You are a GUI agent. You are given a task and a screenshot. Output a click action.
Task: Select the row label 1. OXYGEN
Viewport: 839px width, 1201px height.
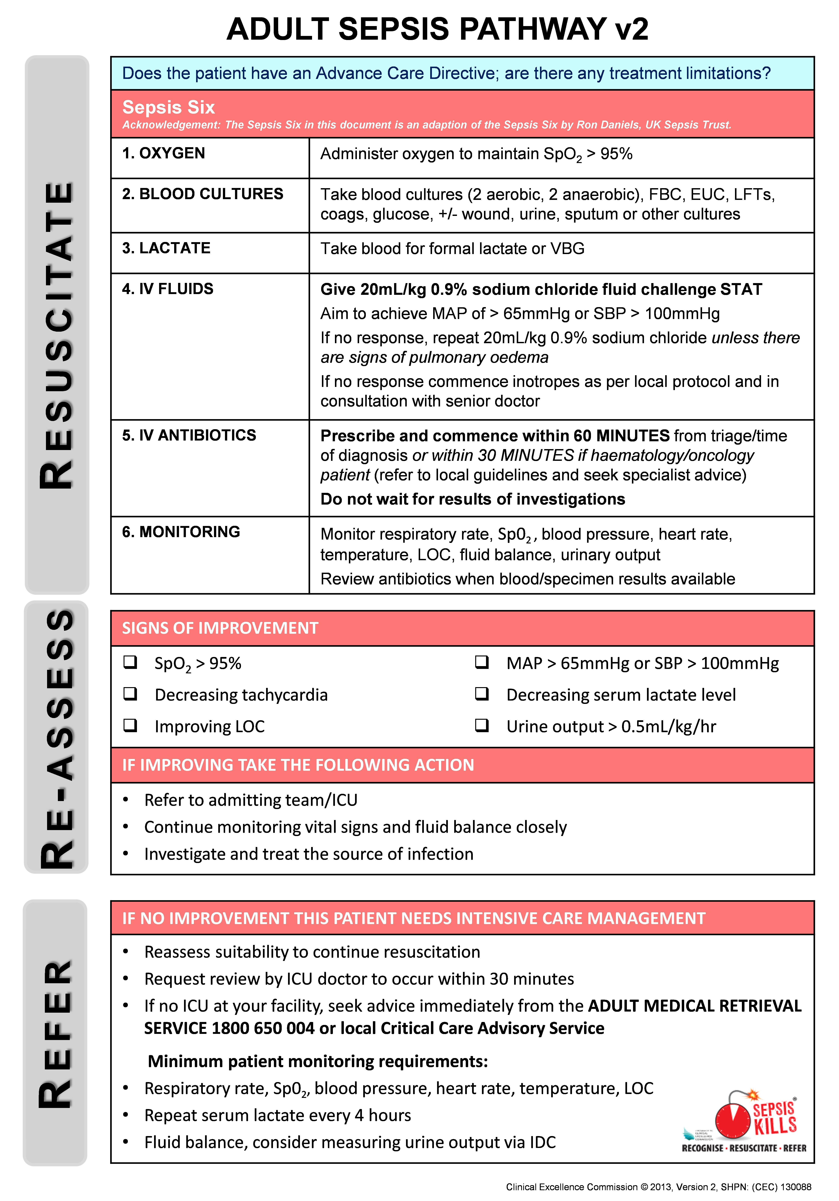pos(163,153)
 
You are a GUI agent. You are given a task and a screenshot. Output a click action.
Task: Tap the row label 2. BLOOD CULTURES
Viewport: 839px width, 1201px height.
pos(202,194)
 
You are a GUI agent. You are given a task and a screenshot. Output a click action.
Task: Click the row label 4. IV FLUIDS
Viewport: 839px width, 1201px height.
pos(167,289)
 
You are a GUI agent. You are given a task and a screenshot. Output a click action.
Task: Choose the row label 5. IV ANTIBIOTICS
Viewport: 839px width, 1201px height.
pos(189,435)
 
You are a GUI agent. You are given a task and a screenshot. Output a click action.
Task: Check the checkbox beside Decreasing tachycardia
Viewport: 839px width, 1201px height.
pos(130,694)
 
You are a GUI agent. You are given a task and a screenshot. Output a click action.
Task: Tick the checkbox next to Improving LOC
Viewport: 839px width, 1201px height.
pos(130,725)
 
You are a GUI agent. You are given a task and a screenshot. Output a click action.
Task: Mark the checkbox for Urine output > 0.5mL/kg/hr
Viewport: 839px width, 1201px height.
pos(482,725)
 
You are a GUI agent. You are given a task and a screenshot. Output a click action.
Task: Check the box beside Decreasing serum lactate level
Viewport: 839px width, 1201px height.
pos(482,694)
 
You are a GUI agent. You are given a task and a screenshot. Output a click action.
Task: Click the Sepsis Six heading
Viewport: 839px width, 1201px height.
pos(168,107)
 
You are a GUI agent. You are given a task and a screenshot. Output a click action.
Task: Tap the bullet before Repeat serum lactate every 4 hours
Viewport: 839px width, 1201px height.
pos(126,1115)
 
